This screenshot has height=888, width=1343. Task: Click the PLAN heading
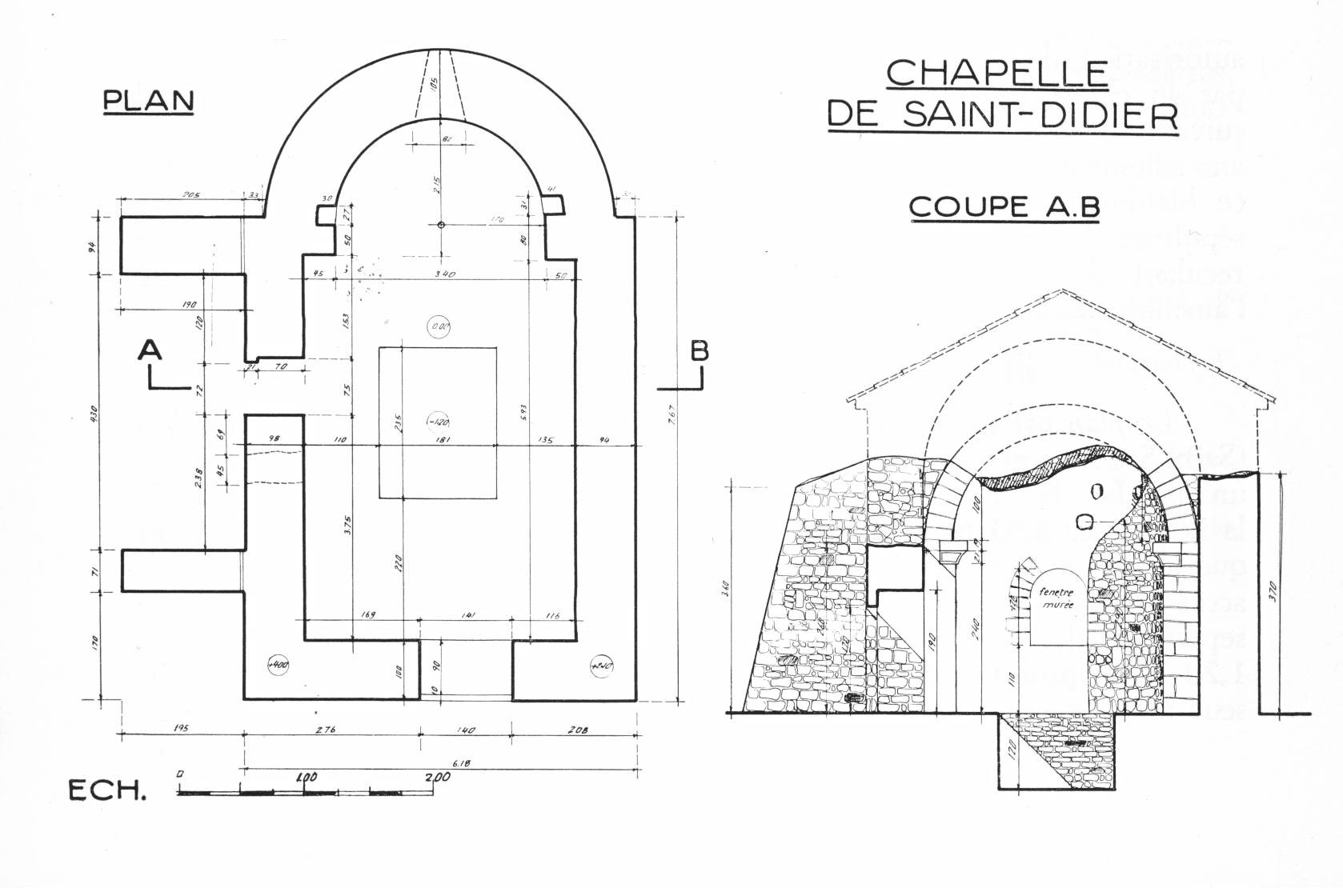[x=149, y=101]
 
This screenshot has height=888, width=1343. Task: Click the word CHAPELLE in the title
[x=996, y=73]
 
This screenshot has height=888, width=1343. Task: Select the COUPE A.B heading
[x=1004, y=206]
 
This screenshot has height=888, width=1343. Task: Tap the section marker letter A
[x=150, y=350]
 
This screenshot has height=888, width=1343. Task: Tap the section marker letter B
[x=699, y=351]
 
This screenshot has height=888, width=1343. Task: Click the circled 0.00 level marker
[x=439, y=326]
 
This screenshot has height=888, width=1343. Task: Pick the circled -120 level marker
[x=438, y=421]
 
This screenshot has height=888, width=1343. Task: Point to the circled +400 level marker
[x=279, y=665]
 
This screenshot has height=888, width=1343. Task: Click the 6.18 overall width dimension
[x=461, y=763]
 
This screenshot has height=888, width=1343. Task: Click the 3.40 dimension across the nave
[x=444, y=274]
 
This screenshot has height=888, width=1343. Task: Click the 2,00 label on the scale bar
[x=437, y=778]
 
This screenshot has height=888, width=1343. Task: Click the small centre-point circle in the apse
[x=441, y=225]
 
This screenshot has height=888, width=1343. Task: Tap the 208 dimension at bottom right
[x=573, y=730]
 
